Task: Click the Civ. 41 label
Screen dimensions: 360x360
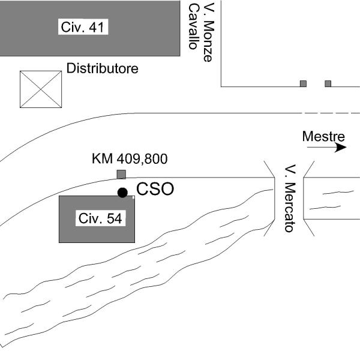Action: click(85, 27)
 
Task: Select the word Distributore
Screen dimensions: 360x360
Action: click(102, 68)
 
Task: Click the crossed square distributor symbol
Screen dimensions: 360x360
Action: click(41, 89)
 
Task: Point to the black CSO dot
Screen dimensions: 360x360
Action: click(122, 193)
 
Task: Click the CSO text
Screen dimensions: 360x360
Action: click(155, 190)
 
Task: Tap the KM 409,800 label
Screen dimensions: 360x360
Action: click(130, 159)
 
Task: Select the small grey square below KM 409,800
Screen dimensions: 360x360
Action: click(121, 175)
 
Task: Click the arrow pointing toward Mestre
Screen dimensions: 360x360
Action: click(340, 147)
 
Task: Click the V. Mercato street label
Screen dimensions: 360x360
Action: click(289, 198)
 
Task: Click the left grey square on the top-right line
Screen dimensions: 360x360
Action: click(303, 84)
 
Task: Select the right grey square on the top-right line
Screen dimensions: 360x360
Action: click(328, 84)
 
